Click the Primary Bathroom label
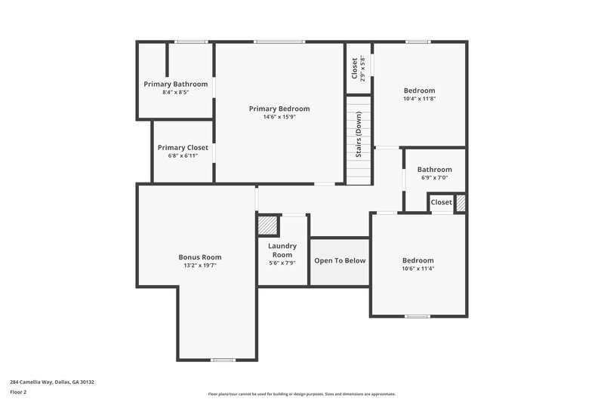click(175, 84)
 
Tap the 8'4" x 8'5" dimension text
click(175, 92)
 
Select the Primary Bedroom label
click(279, 109)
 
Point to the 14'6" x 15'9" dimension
click(279, 117)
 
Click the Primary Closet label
click(182, 147)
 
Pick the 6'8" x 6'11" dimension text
click(182, 156)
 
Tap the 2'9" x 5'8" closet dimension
click(363, 69)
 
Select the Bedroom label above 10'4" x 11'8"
click(419, 90)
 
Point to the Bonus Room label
click(200, 257)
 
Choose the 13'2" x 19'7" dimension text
click(200, 266)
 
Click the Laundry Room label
click(282, 250)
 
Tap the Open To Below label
click(340, 261)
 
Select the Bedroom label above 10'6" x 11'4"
click(418, 260)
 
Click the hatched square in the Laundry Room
click(267, 226)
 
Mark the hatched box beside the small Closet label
click(460, 203)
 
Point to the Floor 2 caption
click(19, 392)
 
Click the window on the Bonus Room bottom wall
click(223, 360)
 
